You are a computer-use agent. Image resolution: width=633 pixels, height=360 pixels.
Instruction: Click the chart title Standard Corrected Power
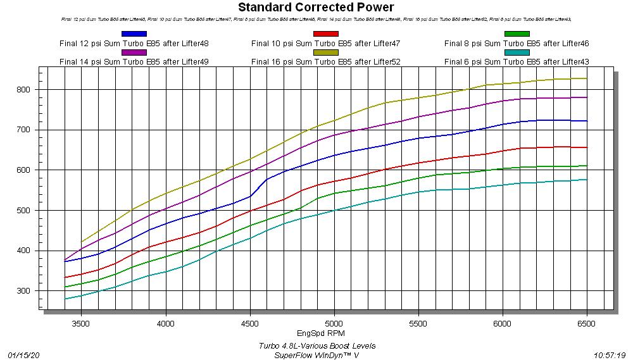click(316, 8)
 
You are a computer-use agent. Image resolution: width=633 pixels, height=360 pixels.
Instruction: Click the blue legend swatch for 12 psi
click(134, 34)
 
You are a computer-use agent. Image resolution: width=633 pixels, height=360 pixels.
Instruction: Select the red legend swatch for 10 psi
click(325, 34)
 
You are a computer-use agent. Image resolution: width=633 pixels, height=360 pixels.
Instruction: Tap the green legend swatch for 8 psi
click(517, 34)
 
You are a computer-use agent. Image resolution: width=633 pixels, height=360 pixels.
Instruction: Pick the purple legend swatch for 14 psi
click(134, 53)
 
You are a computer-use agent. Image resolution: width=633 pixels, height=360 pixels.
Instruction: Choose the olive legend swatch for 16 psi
click(325, 53)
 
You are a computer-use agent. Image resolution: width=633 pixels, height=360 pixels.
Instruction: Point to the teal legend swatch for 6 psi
click(517, 53)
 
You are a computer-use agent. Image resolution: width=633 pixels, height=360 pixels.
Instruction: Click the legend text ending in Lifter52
click(325, 61)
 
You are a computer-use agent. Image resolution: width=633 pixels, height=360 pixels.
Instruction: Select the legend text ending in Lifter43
click(517, 61)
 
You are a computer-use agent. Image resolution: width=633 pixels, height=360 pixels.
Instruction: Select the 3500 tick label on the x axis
click(81, 322)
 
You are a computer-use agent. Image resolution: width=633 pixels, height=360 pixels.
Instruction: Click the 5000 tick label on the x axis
click(334, 322)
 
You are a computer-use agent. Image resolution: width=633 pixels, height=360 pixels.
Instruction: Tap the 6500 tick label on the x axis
click(587, 322)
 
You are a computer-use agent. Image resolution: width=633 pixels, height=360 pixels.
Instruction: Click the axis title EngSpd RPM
click(321, 333)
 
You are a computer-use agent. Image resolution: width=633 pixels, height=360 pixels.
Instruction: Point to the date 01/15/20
click(23, 355)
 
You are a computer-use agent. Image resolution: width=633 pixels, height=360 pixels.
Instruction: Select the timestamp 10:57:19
click(610, 355)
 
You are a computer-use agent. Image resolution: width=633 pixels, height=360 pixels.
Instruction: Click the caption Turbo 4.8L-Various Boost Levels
click(316, 345)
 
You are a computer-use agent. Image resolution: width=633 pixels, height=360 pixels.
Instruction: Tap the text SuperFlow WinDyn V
click(316, 355)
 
